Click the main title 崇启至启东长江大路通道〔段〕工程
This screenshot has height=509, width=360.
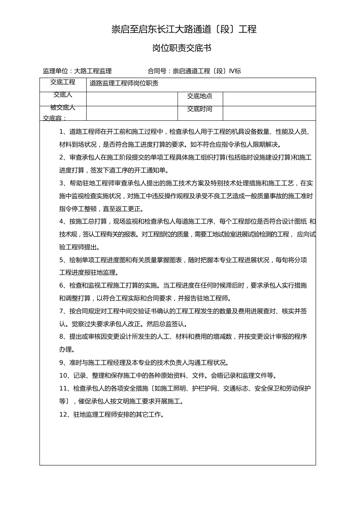pos(184,29)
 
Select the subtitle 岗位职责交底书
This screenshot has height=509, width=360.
pos(182,48)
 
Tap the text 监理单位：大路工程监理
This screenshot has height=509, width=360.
pos(77,71)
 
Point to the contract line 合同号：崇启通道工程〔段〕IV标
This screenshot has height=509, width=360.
pos(194,71)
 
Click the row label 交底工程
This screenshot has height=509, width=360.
pos(63,82)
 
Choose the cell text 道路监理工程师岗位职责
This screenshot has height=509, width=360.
pos(124,83)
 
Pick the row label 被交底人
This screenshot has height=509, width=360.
pos(63,108)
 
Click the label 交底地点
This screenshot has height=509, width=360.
pos(200,96)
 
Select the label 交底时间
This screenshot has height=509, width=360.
pos(200,109)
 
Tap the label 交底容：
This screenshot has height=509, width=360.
pos(55,119)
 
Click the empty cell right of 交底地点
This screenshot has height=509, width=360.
pos(269,99)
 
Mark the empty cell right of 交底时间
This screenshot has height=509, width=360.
pos(269,113)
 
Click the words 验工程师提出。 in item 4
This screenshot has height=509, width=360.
pos(80,247)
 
